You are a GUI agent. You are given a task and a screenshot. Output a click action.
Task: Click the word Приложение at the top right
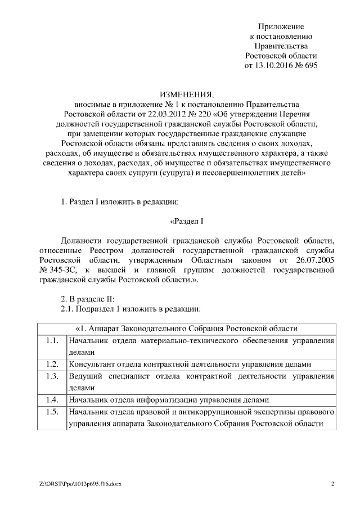point(281,26)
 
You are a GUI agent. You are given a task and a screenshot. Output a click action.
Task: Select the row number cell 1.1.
point(52,340)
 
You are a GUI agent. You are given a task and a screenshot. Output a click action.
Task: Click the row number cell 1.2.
point(52,364)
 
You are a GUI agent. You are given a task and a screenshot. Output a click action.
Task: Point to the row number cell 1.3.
point(52,376)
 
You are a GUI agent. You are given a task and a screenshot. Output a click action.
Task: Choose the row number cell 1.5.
point(52,412)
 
